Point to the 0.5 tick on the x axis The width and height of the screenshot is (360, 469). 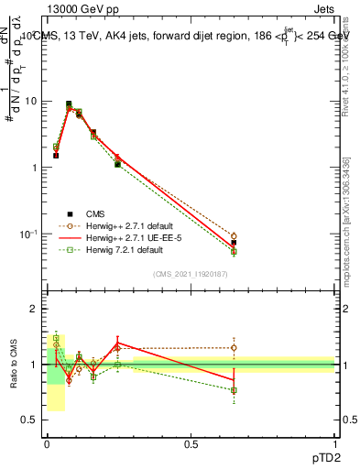(x=191, y=443)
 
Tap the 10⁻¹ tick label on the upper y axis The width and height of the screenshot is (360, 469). (x=30, y=234)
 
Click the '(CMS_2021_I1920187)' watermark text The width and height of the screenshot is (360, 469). (x=191, y=274)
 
